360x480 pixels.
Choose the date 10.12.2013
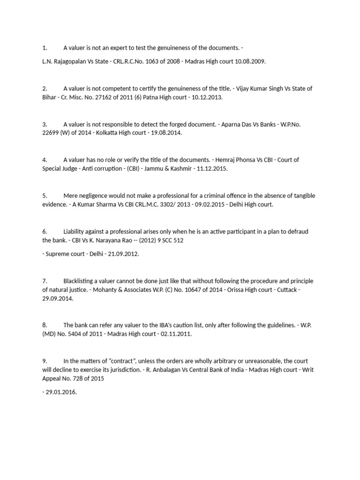(207, 97)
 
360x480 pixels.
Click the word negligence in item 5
(94, 195)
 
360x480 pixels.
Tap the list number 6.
(45, 232)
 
